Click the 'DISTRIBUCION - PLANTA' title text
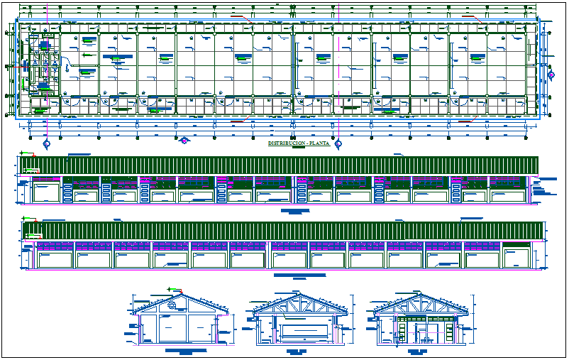tap(297, 143)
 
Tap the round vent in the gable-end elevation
tap(172, 305)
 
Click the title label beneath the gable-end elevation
tap(180, 351)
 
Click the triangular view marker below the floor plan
tap(184, 140)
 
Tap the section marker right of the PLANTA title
tap(338, 143)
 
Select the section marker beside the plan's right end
tap(551, 75)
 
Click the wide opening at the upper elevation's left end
tap(47, 192)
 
